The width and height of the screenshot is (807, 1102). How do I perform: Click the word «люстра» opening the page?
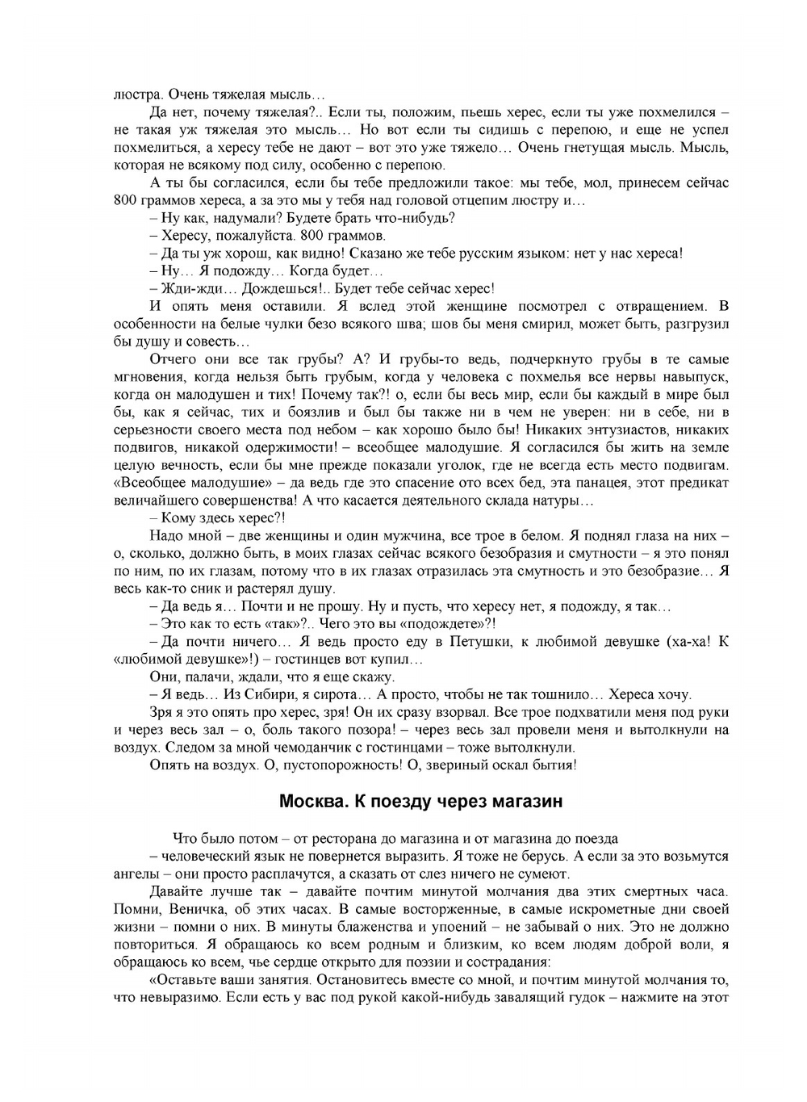[x=132, y=94]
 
